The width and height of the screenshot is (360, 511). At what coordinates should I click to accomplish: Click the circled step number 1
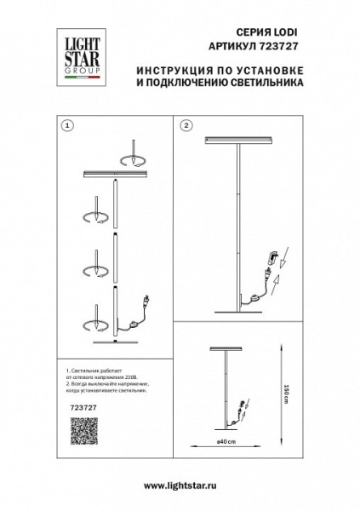pyautogui.click(x=68, y=125)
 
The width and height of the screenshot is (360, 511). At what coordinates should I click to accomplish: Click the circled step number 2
pyautogui.click(x=186, y=125)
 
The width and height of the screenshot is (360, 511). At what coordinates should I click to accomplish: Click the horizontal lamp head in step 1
pyautogui.click(x=116, y=174)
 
